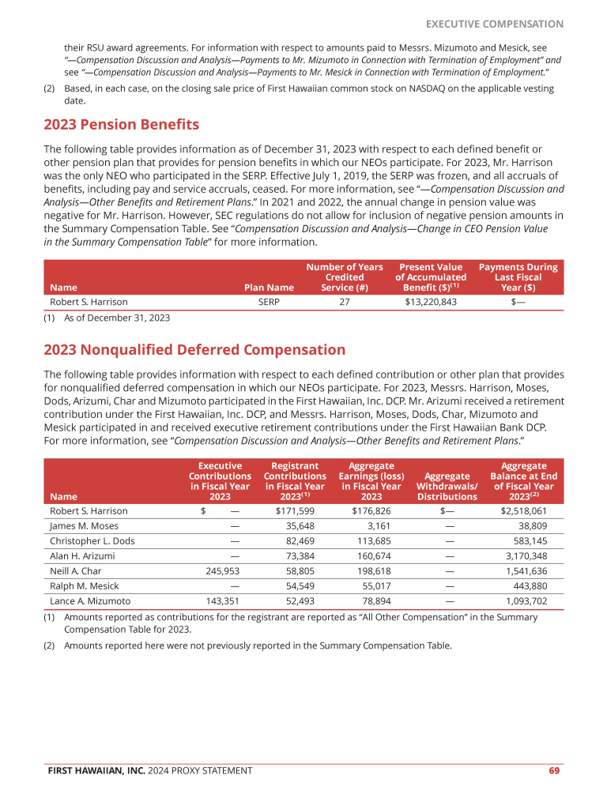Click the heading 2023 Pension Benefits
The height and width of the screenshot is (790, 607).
(121, 125)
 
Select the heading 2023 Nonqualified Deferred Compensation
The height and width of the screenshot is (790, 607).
(194, 349)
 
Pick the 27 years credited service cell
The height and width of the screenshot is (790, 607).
(345, 302)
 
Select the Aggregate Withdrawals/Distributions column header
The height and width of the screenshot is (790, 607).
(447, 486)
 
